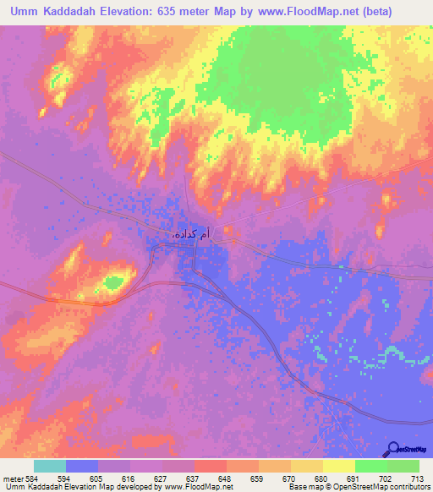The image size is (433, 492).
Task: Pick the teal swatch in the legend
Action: click(49, 466)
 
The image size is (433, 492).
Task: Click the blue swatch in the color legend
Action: click(81, 466)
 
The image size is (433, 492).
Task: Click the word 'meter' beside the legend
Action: click(13, 476)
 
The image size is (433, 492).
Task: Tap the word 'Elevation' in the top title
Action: click(140, 14)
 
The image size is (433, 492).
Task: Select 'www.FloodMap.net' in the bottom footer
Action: click(200, 487)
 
